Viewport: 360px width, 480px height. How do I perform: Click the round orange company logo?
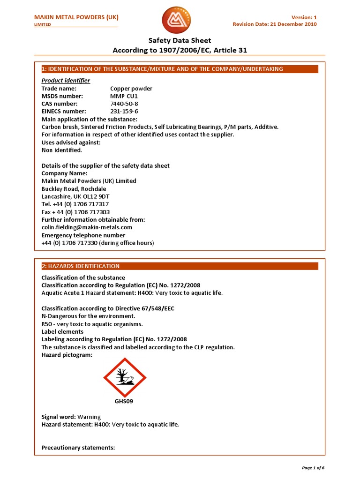[x=177, y=20]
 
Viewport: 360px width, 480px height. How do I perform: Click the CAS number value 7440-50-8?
[x=124, y=104]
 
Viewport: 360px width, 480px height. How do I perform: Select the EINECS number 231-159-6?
[x=124, y=111]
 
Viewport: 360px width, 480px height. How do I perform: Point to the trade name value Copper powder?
[x=131, y=89]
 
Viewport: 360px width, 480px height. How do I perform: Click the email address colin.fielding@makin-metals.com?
[x=84, y=227]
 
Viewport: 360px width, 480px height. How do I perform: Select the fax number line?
[x=75, y=212]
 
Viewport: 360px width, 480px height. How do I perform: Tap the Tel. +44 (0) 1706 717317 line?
[x=75, y=204]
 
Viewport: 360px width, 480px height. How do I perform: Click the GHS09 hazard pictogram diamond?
[x=125, y=378]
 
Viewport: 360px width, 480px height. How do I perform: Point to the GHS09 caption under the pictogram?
[x=124, y=402]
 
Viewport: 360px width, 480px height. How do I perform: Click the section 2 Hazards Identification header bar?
[x=180, y=266]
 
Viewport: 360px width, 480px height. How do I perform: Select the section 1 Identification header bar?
[x=180, y=69]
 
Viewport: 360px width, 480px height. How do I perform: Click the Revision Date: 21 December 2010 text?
[x=275, y=24]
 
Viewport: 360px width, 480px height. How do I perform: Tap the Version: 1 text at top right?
[x=304, y=17]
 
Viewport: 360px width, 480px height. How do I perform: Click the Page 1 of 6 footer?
[x=313, y=468]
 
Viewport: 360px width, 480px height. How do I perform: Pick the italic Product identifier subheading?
[x=66, y=81]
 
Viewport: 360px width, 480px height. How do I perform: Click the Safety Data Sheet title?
[x=180, y=41]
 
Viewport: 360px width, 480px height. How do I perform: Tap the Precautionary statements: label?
[x=78, y=448]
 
